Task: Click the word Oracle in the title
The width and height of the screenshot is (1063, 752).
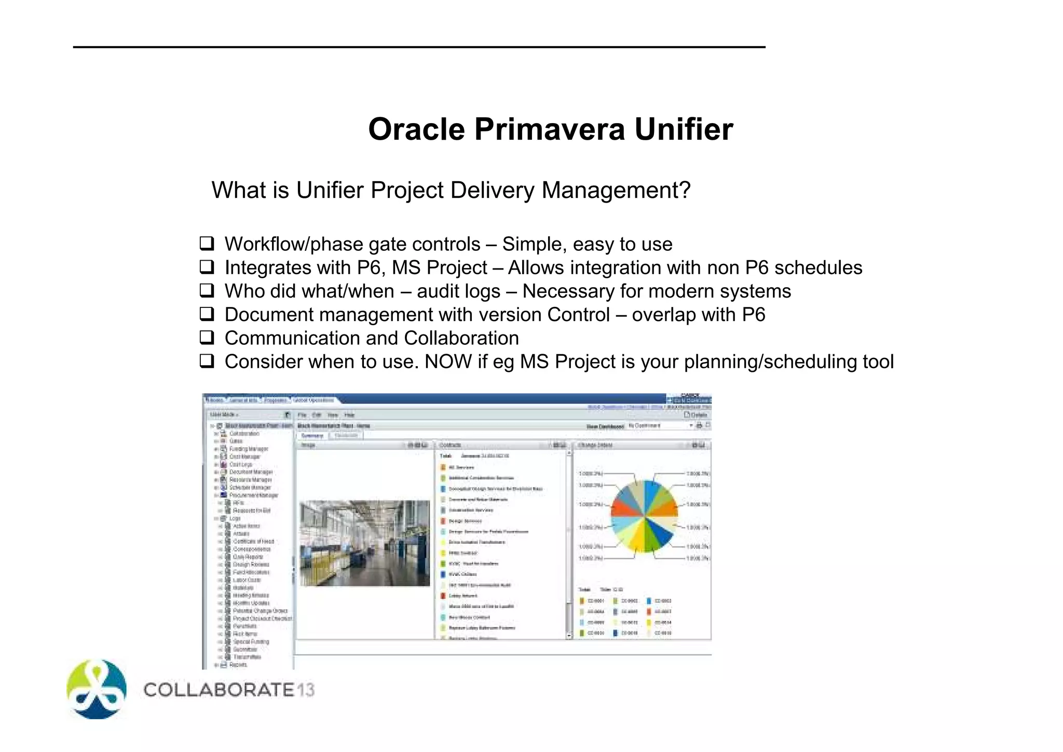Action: click(416, 129)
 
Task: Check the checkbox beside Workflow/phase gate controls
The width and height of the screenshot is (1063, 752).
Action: click(207, 243)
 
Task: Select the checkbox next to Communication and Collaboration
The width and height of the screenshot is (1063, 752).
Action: click(207, 338)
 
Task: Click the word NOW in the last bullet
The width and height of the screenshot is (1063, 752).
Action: click(448, 361)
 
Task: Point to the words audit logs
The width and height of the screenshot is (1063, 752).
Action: click(458, 291)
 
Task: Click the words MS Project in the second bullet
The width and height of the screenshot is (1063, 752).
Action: click(439, 268)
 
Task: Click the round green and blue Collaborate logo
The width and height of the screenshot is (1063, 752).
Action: click(97, 689)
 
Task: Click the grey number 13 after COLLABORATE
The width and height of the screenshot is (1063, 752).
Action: click(306, 690)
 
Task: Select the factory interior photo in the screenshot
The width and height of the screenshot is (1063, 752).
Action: click(365, 543)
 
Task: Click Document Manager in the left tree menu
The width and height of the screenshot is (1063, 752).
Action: click(251, 472)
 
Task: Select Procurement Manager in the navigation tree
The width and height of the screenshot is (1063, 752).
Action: click(253, 495)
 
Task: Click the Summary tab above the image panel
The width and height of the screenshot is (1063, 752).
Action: click(312, 436)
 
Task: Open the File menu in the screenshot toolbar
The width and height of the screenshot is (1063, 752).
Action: click(302, 415)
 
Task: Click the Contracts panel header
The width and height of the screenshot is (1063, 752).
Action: click(451, 445)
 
